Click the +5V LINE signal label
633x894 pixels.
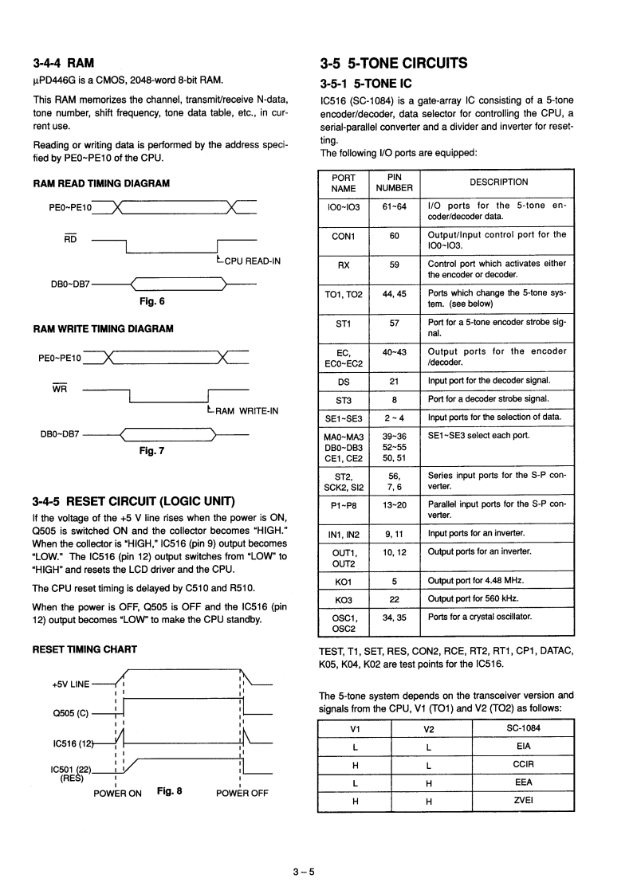tap(72, 684)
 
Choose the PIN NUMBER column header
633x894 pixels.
tap(394, 182)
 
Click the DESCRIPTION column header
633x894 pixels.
tap(498, 182)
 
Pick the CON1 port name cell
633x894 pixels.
tap(344, 235)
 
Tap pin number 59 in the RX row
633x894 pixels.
tap(394, 264)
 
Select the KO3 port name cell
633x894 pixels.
tap(344, 599)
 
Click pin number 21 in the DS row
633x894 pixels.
tap(394, 381)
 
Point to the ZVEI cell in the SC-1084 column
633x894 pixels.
tap(523, 801)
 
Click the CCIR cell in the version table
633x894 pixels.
tap(523, 764)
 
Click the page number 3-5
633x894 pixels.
tap(304, 872)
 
